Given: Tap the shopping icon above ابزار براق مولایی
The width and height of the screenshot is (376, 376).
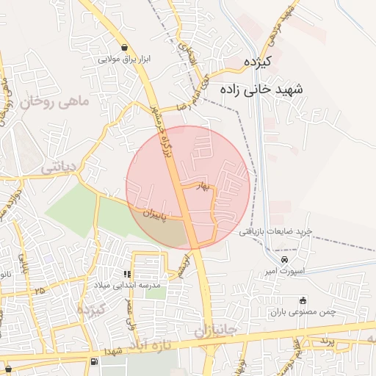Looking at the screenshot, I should pyautogui.click(x=123, y=47).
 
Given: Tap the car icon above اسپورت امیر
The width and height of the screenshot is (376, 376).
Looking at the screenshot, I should pyautogui.click(x=284, y=260).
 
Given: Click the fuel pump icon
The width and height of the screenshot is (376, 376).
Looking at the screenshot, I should pyautogui.click(x=93, y=361).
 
